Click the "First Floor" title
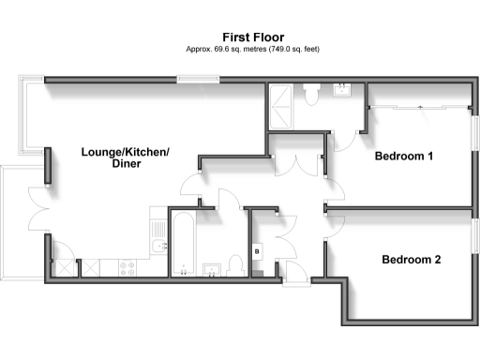click(239, 37)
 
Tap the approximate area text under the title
click(239, 49)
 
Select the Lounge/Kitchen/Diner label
click(112, 157)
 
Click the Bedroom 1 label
click(403, 157)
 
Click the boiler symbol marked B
click(257, 252)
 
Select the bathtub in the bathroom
click(182, 240)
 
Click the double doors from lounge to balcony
click(39, 205)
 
